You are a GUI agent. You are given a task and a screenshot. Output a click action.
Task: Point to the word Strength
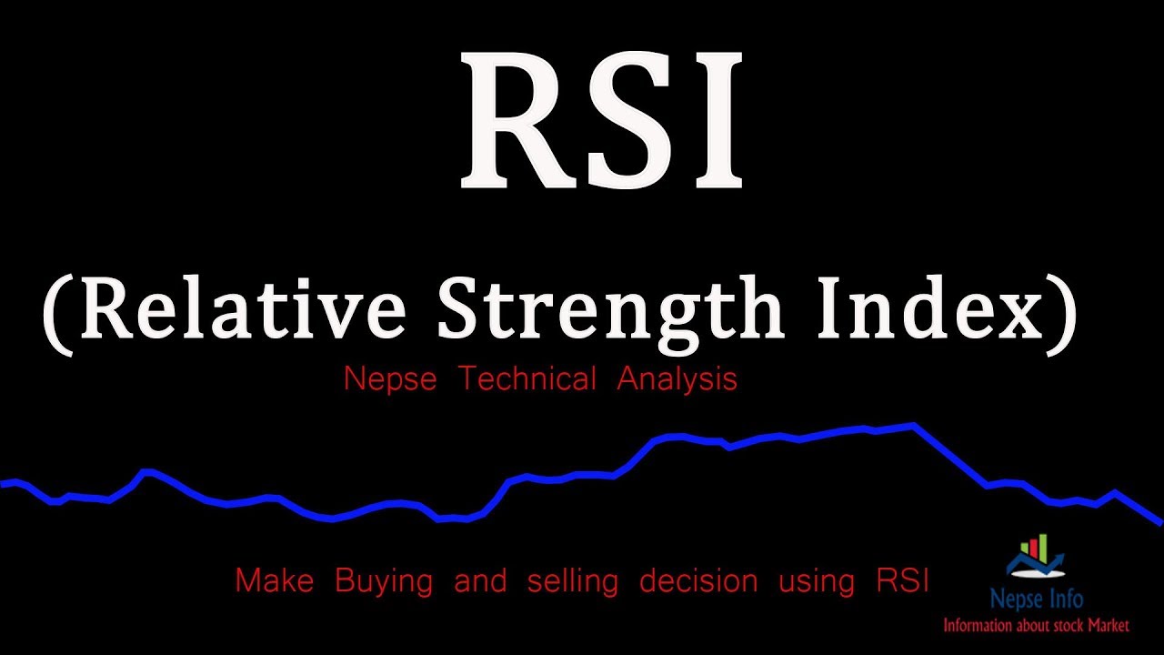610,309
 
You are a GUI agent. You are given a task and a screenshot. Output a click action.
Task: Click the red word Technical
527,378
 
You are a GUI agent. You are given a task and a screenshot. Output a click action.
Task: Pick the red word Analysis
677,379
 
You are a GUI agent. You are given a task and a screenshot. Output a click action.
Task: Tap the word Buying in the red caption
384,580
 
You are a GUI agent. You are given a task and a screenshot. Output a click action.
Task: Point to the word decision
698,579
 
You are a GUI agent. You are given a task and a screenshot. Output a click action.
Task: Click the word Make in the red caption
275,579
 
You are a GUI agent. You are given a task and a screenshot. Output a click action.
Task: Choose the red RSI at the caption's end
902,579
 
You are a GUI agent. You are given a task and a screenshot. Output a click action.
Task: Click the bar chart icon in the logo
1035,551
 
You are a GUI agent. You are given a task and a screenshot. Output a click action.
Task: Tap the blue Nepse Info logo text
1036,600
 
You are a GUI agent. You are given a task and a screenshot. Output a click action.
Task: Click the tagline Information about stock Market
1035,625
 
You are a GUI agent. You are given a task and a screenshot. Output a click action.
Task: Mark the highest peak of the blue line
911,425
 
